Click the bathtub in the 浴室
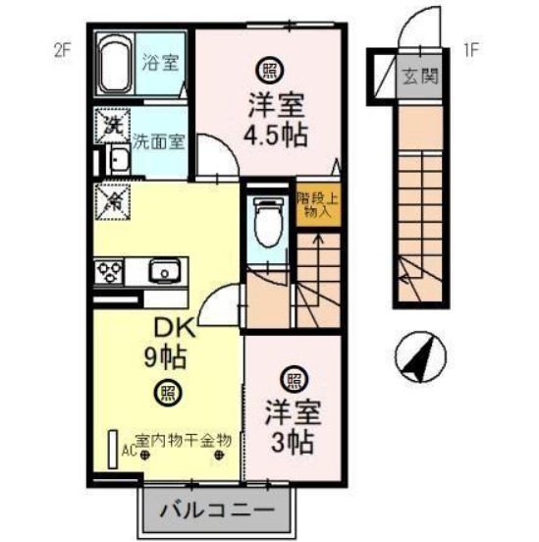pyautogui.click(x=116, y=64)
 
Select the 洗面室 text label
pyautogui.click(x=158, y=140)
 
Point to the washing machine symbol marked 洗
pyautogui.click(x=112, y=125)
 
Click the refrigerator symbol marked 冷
pyautogui.click(x=112, y=203)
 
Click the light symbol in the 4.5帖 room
pyautogui.click(x=266, y=69)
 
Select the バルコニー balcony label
pyautogui.click(x=217, y=510)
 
